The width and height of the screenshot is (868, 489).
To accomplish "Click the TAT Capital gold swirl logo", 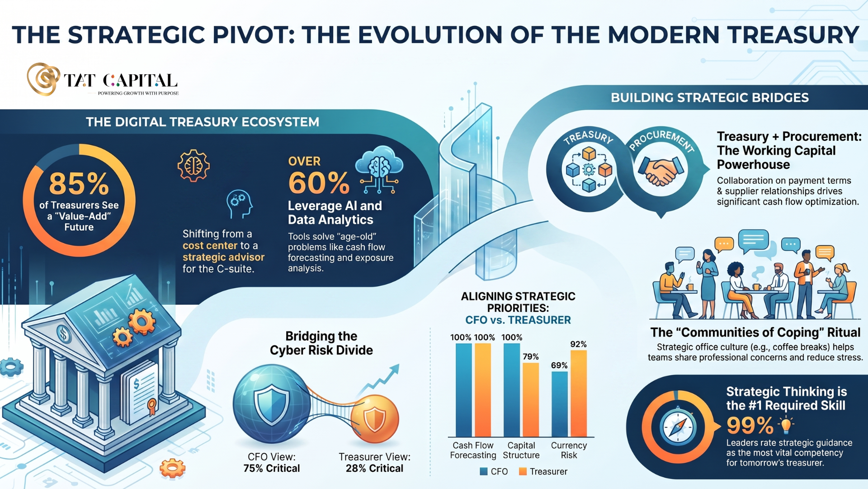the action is tap(43, 79).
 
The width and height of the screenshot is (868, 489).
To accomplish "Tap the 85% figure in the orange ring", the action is tap(79, 183).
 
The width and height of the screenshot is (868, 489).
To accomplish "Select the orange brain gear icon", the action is tap(193, 166).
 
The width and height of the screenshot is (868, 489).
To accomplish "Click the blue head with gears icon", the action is tap(239, 204).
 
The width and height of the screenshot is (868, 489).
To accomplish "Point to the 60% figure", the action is tap(319, 183).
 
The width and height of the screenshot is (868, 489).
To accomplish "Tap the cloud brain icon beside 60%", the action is tap(379, 170).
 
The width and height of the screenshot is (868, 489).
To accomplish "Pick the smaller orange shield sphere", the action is tap(375, 419).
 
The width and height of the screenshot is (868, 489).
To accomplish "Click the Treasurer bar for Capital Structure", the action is tap(531, 399).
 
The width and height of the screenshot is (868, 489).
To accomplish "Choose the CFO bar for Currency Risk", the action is tap(560, 404).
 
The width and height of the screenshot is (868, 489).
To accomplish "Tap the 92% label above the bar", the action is tap(579, 344).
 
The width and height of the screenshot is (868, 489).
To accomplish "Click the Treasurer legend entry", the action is tap(543, 471).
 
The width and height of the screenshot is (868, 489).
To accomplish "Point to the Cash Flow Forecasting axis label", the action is tap(473, 450).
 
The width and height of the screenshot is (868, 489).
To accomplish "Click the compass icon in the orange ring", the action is tap(678, 427).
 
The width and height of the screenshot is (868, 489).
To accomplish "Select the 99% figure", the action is tap(750, 426).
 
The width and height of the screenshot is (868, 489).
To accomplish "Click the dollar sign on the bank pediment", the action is tap(64, 335).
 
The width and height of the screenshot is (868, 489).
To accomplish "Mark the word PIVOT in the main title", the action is tap(254, 35).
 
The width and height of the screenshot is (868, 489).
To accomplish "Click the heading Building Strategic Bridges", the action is tap(710, 98).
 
